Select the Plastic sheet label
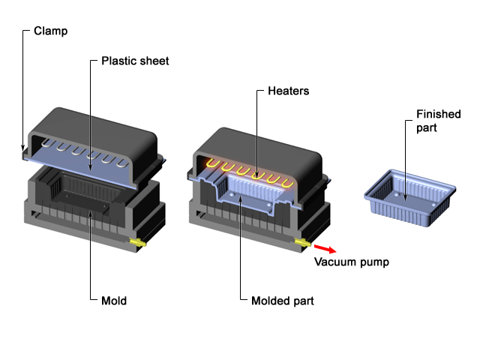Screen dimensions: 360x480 [x=135, y=61]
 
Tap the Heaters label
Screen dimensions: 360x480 [x=288, y=91]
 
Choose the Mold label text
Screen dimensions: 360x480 [x=113, y=301]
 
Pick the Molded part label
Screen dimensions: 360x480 [x=282, y=301]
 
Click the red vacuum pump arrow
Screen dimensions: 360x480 [x=323, y=248]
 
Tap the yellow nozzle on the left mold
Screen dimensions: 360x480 [x=139, y=242]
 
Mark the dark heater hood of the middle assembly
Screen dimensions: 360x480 [x=255, y=142]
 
